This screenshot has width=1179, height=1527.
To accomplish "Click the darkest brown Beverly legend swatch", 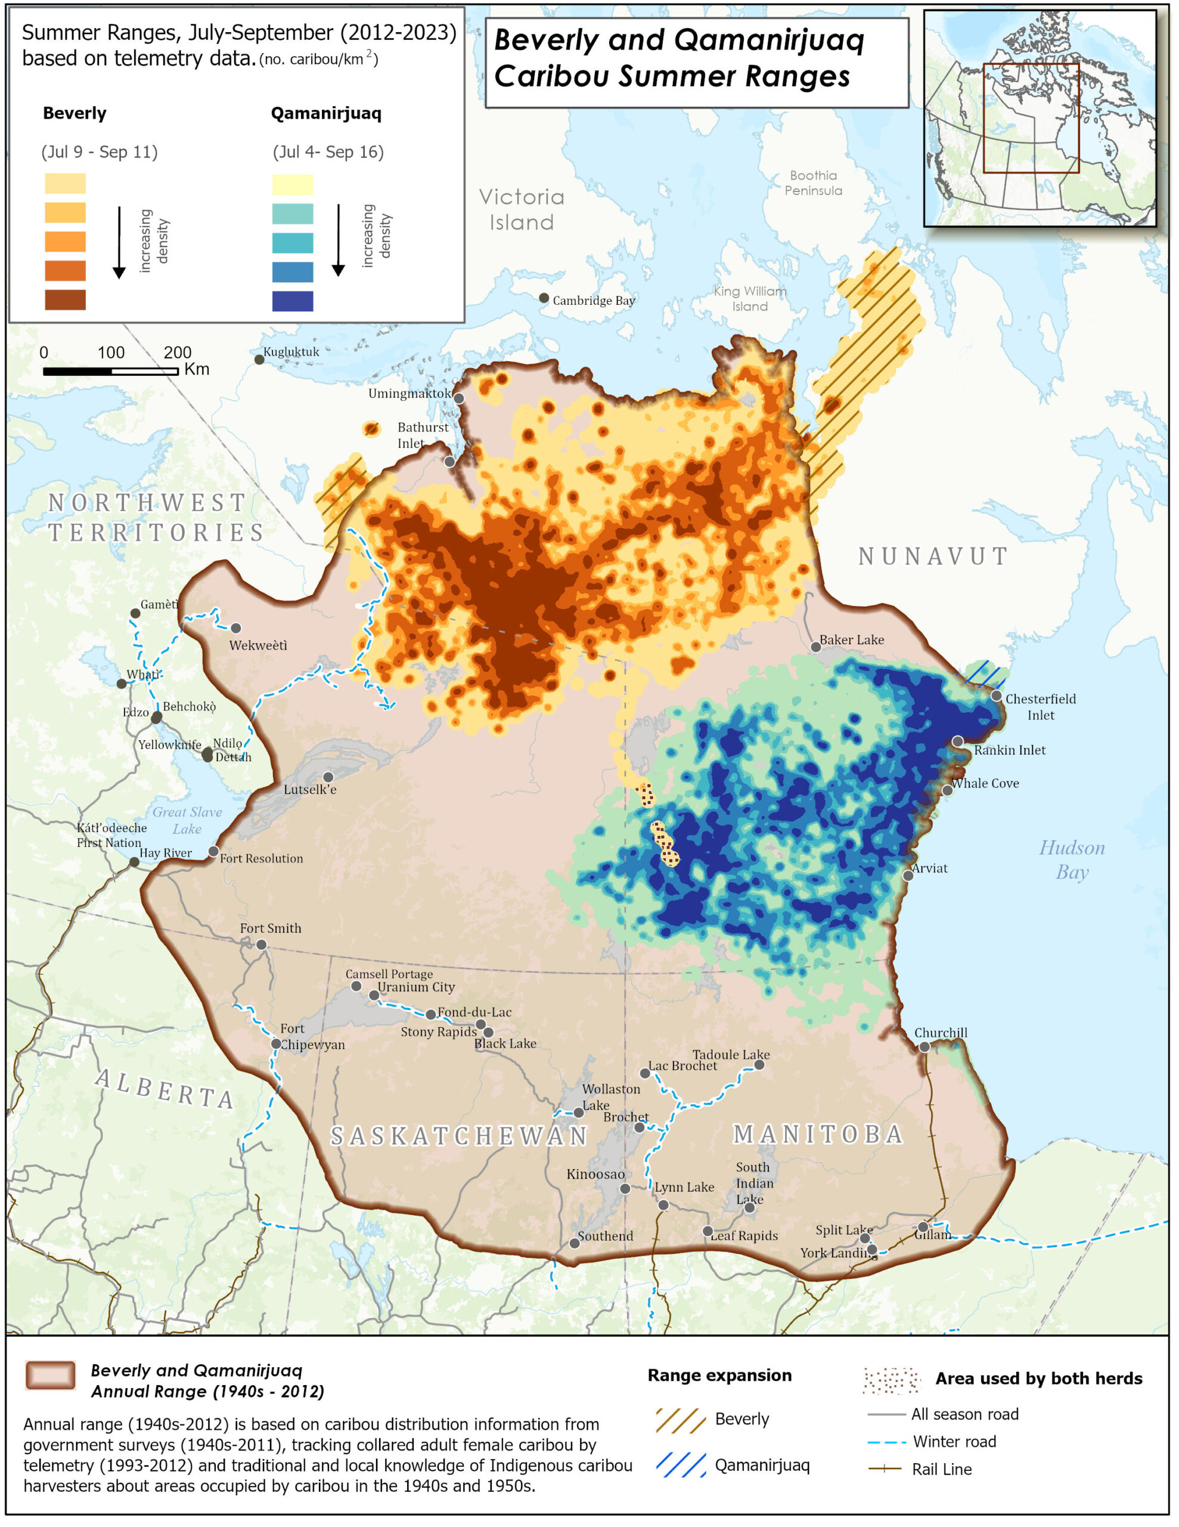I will pyautogui.click(x=66, y=300).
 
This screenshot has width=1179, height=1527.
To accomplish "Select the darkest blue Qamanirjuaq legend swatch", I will pyautogui.click(x=293, y=301).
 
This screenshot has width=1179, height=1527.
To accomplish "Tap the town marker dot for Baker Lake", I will pyautogui.click(x=816, y=647).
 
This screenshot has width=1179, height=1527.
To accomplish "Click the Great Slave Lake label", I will pyautogui.click(x=187, y=821).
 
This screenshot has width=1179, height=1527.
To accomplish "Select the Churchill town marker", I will pyautogui.click(x=924, y=1047).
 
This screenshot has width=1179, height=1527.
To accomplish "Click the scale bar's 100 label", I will pyautogui.click(x=111, y=353).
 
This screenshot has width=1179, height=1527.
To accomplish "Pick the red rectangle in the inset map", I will pyautogui.click(x=1032, y=118).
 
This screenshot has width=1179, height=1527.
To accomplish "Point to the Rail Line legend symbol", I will pyautogui.click(x=885, y=1469).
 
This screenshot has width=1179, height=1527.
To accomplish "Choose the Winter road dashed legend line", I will pyautogui.click(x=886, y=1442).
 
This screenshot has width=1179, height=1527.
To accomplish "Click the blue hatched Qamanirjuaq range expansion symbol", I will pyautogui.click(x=681, y=1466).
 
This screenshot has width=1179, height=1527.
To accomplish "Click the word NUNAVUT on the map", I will pyautogui.click(x=933, y=557).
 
